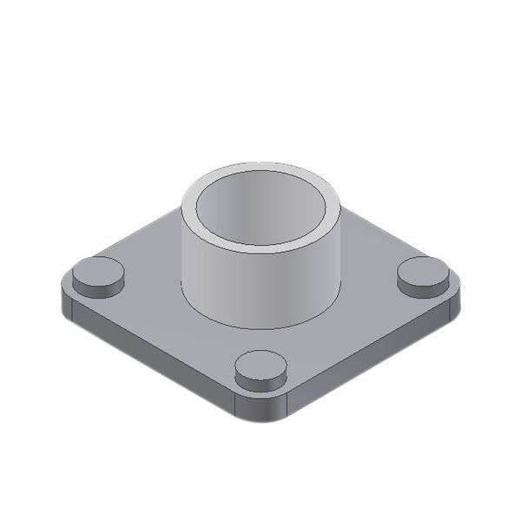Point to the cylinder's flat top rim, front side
[260, 251]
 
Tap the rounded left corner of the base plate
[63, 300]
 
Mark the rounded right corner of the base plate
[457, 300]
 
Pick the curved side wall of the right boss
[423, 288]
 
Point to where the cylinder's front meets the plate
[260, 326]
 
